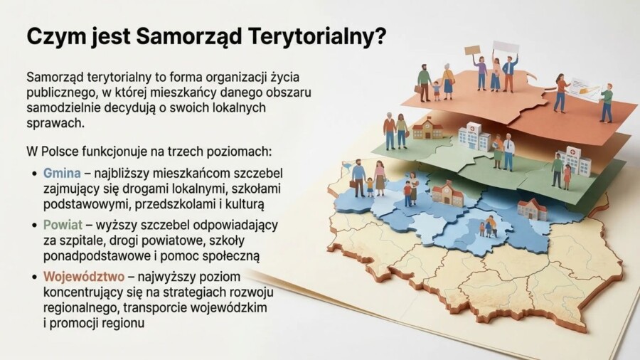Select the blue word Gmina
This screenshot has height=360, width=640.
(62, 173)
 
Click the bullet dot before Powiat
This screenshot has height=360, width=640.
(36, 225)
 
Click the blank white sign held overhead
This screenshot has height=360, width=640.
(506, 47)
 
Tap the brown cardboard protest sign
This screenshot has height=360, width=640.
(473, 51)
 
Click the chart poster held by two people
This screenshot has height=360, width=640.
(585, 90)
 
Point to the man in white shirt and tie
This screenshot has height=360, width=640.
(508, 150)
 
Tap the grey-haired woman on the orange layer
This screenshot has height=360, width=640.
(448, 80)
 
